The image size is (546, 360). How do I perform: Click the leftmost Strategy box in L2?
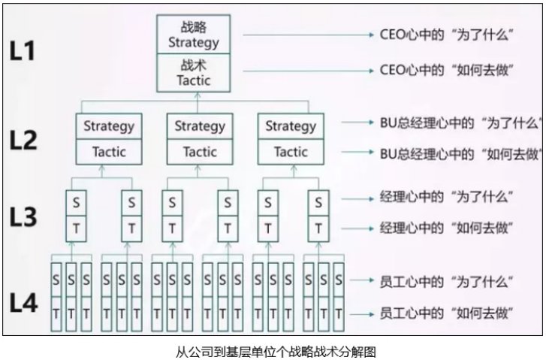coord(109,126)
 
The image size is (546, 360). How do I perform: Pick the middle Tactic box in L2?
coord(199,152)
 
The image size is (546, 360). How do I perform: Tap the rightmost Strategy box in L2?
coord(291,126)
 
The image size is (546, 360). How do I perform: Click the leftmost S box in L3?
coord(73,202)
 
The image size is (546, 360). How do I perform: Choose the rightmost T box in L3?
coord(319,227)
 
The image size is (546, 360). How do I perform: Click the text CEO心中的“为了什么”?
coord(439,35)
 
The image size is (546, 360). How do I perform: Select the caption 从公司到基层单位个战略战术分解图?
coord(273,349)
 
